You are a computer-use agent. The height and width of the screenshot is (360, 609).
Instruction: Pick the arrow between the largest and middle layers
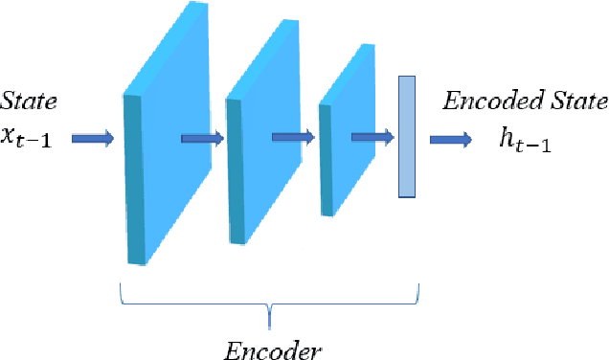(202, 139)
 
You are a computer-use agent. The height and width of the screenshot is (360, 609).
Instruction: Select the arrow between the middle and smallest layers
(293, 137)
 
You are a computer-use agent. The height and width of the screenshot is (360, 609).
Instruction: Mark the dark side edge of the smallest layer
(326, 159)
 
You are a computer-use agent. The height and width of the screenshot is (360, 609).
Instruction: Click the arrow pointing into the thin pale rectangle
(372, 137)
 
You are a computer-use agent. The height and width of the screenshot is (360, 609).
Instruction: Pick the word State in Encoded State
(575, 101)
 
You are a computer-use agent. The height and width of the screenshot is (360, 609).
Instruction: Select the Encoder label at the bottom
(273, 348)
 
